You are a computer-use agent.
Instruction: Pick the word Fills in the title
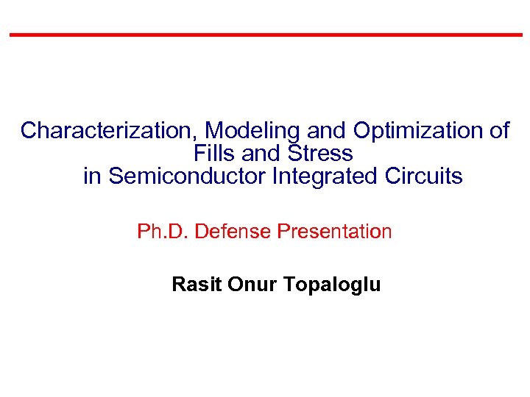point(214,154)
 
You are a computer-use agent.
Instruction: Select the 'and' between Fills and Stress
point(263,154)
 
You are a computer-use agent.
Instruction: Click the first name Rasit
point(197,285)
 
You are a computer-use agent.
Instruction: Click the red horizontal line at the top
point(265,35)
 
